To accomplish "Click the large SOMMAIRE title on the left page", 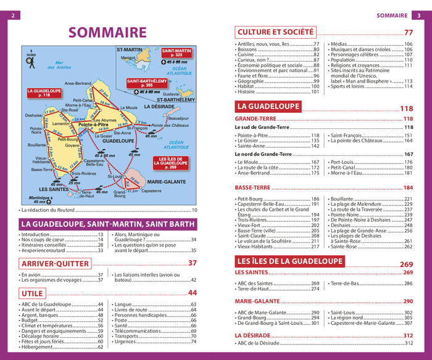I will point(107,33).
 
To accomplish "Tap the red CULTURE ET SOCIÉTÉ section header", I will point(276,32).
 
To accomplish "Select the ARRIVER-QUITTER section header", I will point(56,263).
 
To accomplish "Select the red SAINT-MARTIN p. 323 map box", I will point(177,53).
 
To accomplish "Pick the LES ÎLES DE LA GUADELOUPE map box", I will point(169,163).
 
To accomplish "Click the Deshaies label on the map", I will point(34,115).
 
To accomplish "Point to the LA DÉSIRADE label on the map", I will point(160,106).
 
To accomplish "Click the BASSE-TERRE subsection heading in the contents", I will point(255,187).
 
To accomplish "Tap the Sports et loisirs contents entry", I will point(353,86).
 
